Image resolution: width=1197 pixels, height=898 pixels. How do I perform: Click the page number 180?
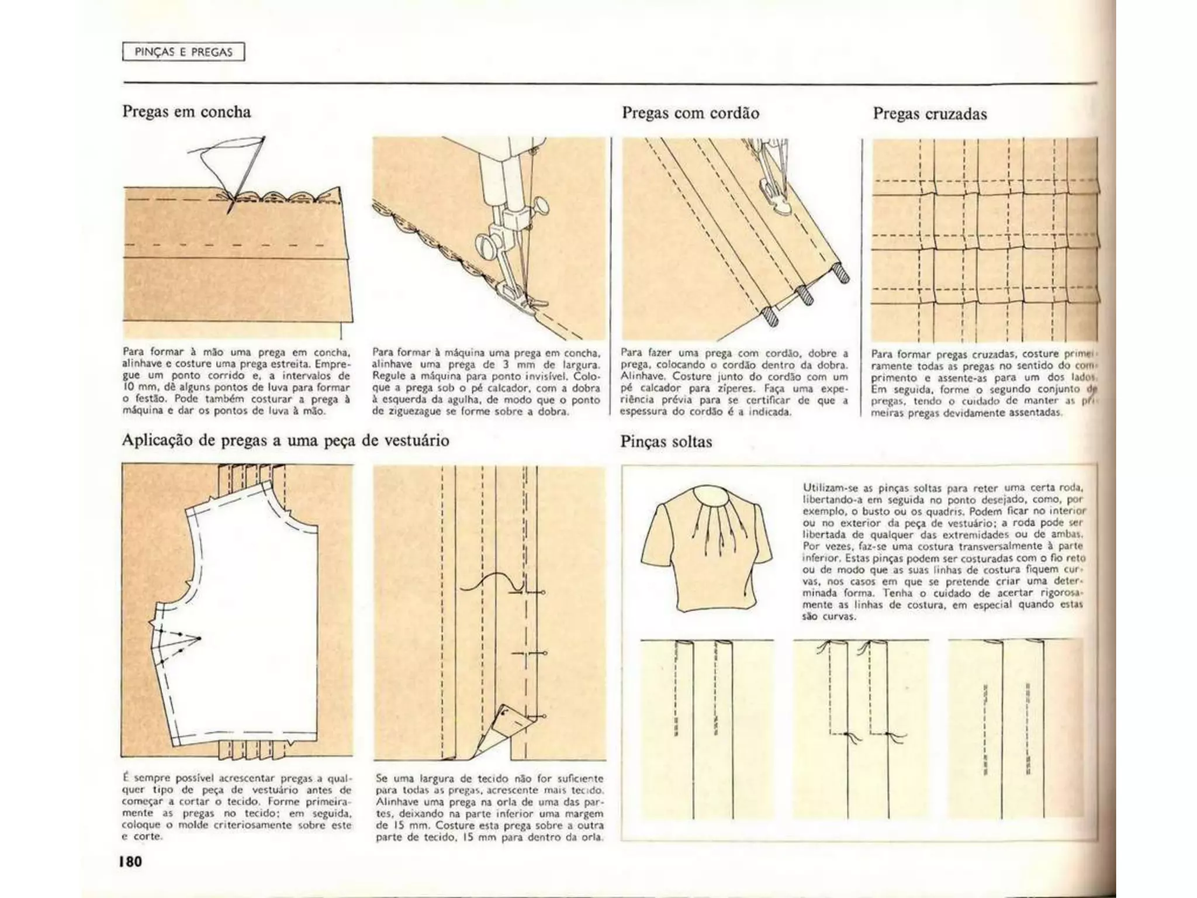click(131, 861)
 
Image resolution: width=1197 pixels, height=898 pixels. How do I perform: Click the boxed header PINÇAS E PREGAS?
click(183, 52)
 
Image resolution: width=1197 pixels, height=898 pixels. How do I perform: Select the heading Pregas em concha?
click(186, 112)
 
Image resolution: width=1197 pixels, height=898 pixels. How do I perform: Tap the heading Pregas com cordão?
click(690, 113)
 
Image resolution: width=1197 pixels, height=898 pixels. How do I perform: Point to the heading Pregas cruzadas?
click(929, 113)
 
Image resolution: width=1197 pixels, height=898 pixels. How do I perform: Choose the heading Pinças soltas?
click(666, 441)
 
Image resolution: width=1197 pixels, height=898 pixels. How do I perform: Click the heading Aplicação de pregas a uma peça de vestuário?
click(285, 440)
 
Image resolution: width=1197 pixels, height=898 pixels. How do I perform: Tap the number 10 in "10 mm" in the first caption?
click(128, 387)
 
